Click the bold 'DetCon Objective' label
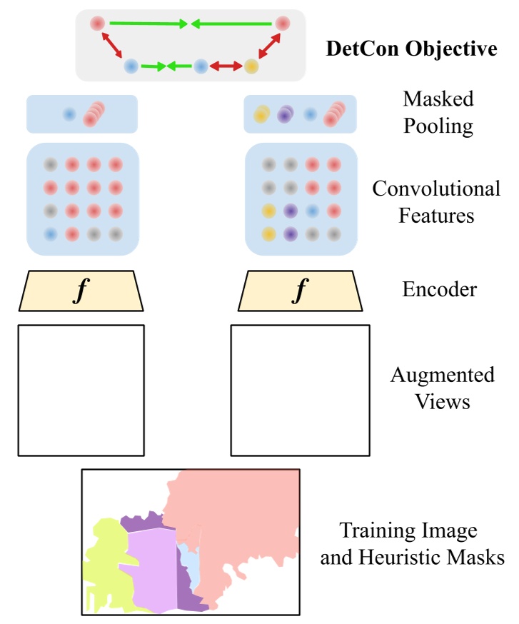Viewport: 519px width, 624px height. pos(411,49)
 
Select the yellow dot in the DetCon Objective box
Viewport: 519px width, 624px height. pos(251,67)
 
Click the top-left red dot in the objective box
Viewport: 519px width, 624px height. pos(98,24)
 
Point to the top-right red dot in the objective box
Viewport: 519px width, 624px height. pos(282,24)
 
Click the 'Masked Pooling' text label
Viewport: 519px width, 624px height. pos(438,112)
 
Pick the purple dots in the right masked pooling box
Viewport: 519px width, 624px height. pos(286,114)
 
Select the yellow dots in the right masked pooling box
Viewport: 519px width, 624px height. pos(262,114)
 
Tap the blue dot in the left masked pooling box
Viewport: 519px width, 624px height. pos(69,114)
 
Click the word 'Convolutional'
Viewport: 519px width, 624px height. pos(436,189)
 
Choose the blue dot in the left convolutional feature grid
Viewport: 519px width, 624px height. pos(50,233)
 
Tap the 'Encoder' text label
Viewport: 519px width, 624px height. pos(438,291)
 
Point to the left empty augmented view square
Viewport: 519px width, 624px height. pos(81,390)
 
